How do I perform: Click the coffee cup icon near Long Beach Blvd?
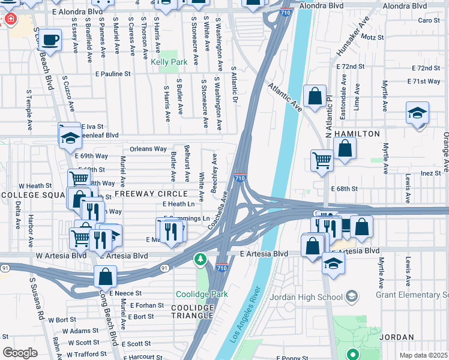tap(52, 40)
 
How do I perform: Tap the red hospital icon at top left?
tap(9, 19)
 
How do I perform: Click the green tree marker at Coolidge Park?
tap(200, 259)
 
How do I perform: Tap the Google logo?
tap(20, 353)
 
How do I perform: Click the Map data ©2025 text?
tap(423, 355)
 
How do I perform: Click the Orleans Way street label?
tap(148, 149)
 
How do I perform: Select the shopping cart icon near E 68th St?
tap(322, 160)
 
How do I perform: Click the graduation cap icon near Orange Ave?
tap(417, 112)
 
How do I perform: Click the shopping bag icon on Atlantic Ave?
tap(315, 95)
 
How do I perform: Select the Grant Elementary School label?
tap(412, 295)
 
